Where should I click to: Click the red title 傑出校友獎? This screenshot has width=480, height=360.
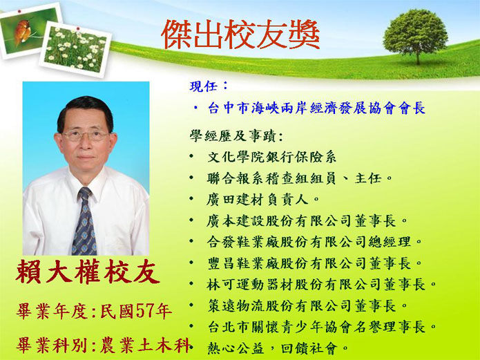click(240, 35)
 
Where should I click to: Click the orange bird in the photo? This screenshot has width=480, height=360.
click(22, 31)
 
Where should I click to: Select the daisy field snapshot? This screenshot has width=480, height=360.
click(75, 49)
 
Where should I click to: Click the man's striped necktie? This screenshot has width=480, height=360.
click(84, 221)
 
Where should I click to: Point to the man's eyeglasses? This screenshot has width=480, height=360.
click(86, 135)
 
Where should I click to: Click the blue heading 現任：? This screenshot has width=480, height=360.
click(209, 86)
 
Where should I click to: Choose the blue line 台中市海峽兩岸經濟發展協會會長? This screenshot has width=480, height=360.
click(316, 108)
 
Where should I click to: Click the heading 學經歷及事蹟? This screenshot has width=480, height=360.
click(236, 136)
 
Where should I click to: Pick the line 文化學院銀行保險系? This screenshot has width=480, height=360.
click(272, 157)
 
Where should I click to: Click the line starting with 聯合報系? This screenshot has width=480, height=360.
click(299, 178)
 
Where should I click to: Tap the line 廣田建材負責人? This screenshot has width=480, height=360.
click(263, 200)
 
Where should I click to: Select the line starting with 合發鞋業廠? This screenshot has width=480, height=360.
click(314, 242)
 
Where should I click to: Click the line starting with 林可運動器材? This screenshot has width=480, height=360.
click(322, 284)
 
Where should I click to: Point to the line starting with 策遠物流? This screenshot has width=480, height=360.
click(307, 305)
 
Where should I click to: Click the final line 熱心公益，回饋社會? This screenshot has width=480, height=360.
click(278, 348)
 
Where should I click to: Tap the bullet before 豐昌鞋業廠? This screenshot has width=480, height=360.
click(191, 263)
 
